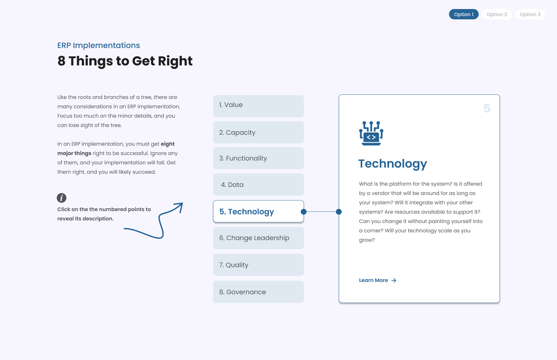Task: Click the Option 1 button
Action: tap(464, 14)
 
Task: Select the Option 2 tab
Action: tap(497, 14)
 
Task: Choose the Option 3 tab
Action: tap(530, 14)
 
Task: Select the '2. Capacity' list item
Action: tap(258, 132)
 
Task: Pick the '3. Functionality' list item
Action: tap(258, 158)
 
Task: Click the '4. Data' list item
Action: tap(258, 184)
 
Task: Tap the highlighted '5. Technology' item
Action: tap(258, 211)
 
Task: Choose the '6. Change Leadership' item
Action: tap(258, 238)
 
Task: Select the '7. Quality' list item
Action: tap(258, 265)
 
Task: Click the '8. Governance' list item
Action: tap(258, 292)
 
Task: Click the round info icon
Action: tap(62, 198)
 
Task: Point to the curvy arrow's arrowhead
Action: tap(180, 205)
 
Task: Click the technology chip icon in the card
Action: tap(371, 133)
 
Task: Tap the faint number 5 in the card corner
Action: tap(487, 108)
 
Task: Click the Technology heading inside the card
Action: tap(393, 164)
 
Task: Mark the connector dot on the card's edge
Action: tap(339, 212)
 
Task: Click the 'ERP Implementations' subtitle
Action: tap(99, 45)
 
